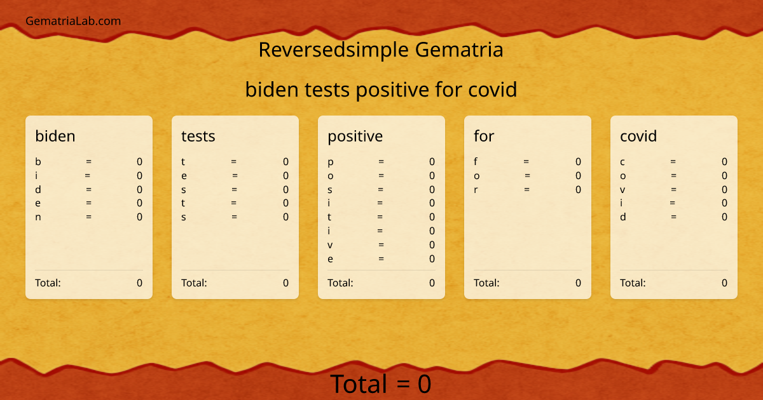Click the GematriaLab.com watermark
[73, 21]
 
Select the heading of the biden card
[55, 136]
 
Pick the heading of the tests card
[198, 136]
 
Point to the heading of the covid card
[638, 136]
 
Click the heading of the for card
[484, 136]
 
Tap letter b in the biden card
[38, 162]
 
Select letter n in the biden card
[38, 217]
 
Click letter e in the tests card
[184, 176]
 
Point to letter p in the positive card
[331, 163]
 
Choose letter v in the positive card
[331, 245]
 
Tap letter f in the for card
[476, 161]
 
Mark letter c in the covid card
[622, 162]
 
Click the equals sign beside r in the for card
[526, 189]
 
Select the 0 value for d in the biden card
[139, 189]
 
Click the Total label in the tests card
[194, 283]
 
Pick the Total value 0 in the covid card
[724, 283]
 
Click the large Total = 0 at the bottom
[381, 384]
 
